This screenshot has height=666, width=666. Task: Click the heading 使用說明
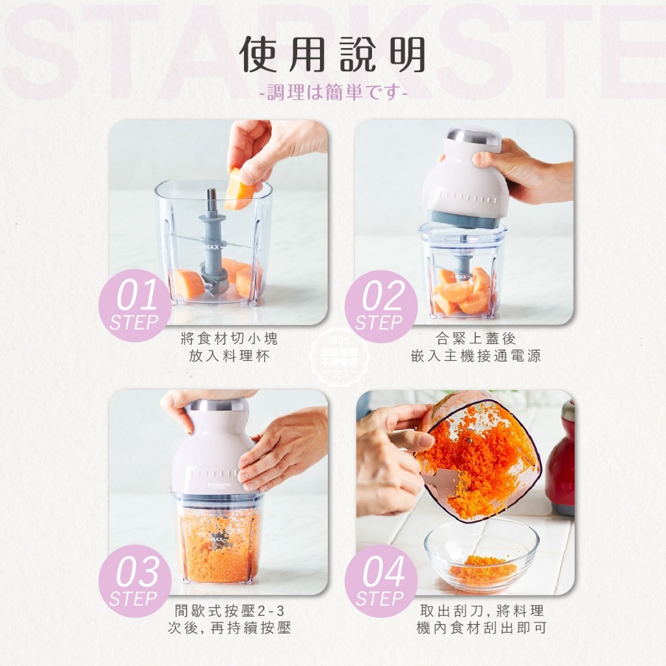333,55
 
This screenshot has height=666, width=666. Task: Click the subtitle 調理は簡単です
333,93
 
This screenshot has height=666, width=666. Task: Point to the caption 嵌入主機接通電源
475,357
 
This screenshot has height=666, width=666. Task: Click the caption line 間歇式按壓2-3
230,611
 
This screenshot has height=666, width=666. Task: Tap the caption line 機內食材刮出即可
481,628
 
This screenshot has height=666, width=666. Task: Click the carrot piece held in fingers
239,189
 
